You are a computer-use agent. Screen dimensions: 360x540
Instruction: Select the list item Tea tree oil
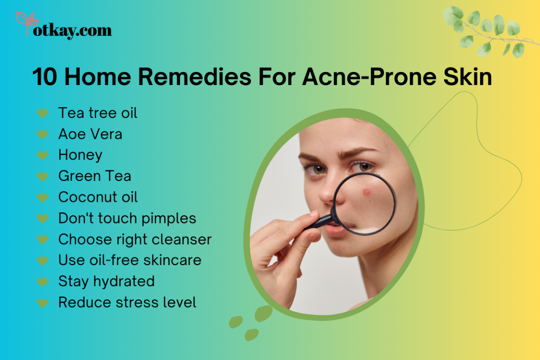(x=97, y=113)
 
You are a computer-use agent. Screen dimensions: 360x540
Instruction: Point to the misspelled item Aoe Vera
(x=90, y=134)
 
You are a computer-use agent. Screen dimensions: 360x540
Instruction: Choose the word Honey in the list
(x=80, y=155)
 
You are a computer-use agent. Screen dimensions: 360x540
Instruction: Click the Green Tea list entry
(x=94, y=176)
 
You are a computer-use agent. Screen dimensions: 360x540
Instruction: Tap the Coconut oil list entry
(x=98, y=197)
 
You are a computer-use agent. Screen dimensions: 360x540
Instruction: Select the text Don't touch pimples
(x=127, y=218)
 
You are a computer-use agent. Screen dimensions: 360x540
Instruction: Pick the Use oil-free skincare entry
(x=130, y=260)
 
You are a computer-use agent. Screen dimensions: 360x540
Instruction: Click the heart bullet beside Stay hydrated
(x=43, y=282)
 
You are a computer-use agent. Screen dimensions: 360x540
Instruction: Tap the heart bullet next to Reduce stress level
(x=43, y=303)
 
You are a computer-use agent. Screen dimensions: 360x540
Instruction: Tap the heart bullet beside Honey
(x=43, y=155)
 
